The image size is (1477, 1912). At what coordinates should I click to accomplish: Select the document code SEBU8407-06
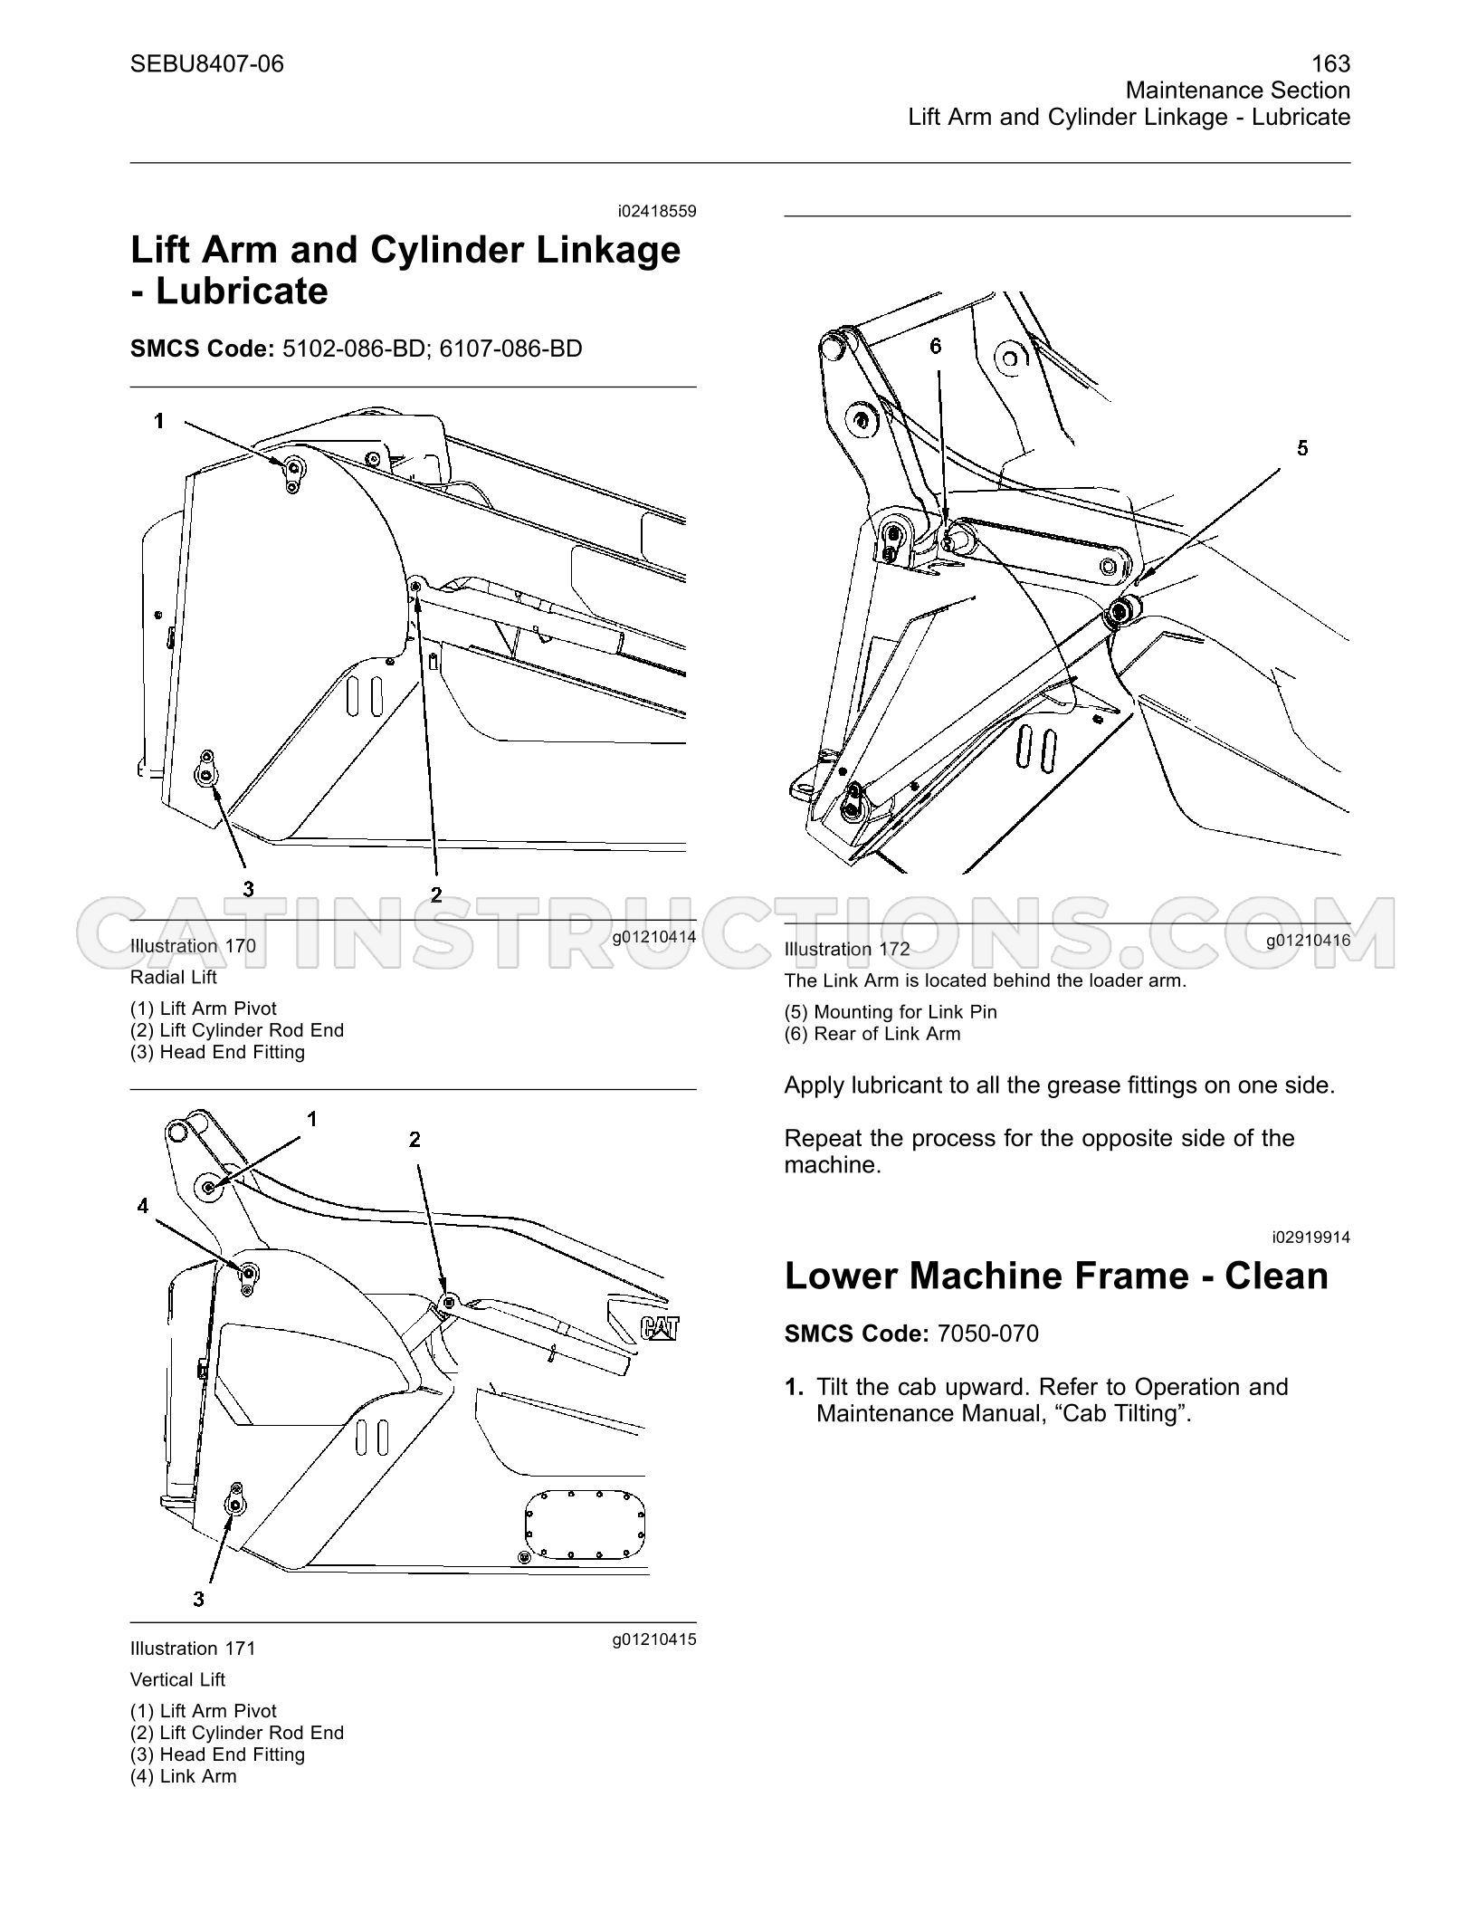coord(207,63)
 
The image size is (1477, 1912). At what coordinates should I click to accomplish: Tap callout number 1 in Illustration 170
coord(159,421)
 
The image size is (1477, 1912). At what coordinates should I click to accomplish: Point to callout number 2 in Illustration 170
coord(436,895)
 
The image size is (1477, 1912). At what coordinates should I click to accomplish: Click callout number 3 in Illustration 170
coord(248,889)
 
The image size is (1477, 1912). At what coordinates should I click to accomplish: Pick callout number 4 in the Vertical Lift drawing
coord(143,1206)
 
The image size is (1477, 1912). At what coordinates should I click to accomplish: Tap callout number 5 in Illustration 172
coord(1302,447)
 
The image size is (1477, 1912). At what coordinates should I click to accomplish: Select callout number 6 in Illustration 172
coord(936,346)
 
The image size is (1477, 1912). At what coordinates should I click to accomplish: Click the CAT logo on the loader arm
coord(660,1328)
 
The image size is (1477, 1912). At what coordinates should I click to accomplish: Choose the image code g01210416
coord(1308,941)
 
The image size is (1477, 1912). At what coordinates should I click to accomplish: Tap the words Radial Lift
coord(174,978)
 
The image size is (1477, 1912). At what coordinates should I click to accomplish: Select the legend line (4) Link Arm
coord(184,1776)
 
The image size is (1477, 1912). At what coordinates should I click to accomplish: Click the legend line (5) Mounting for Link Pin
coord(891,1012)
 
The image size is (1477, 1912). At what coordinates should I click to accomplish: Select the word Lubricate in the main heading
coord(242,292)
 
